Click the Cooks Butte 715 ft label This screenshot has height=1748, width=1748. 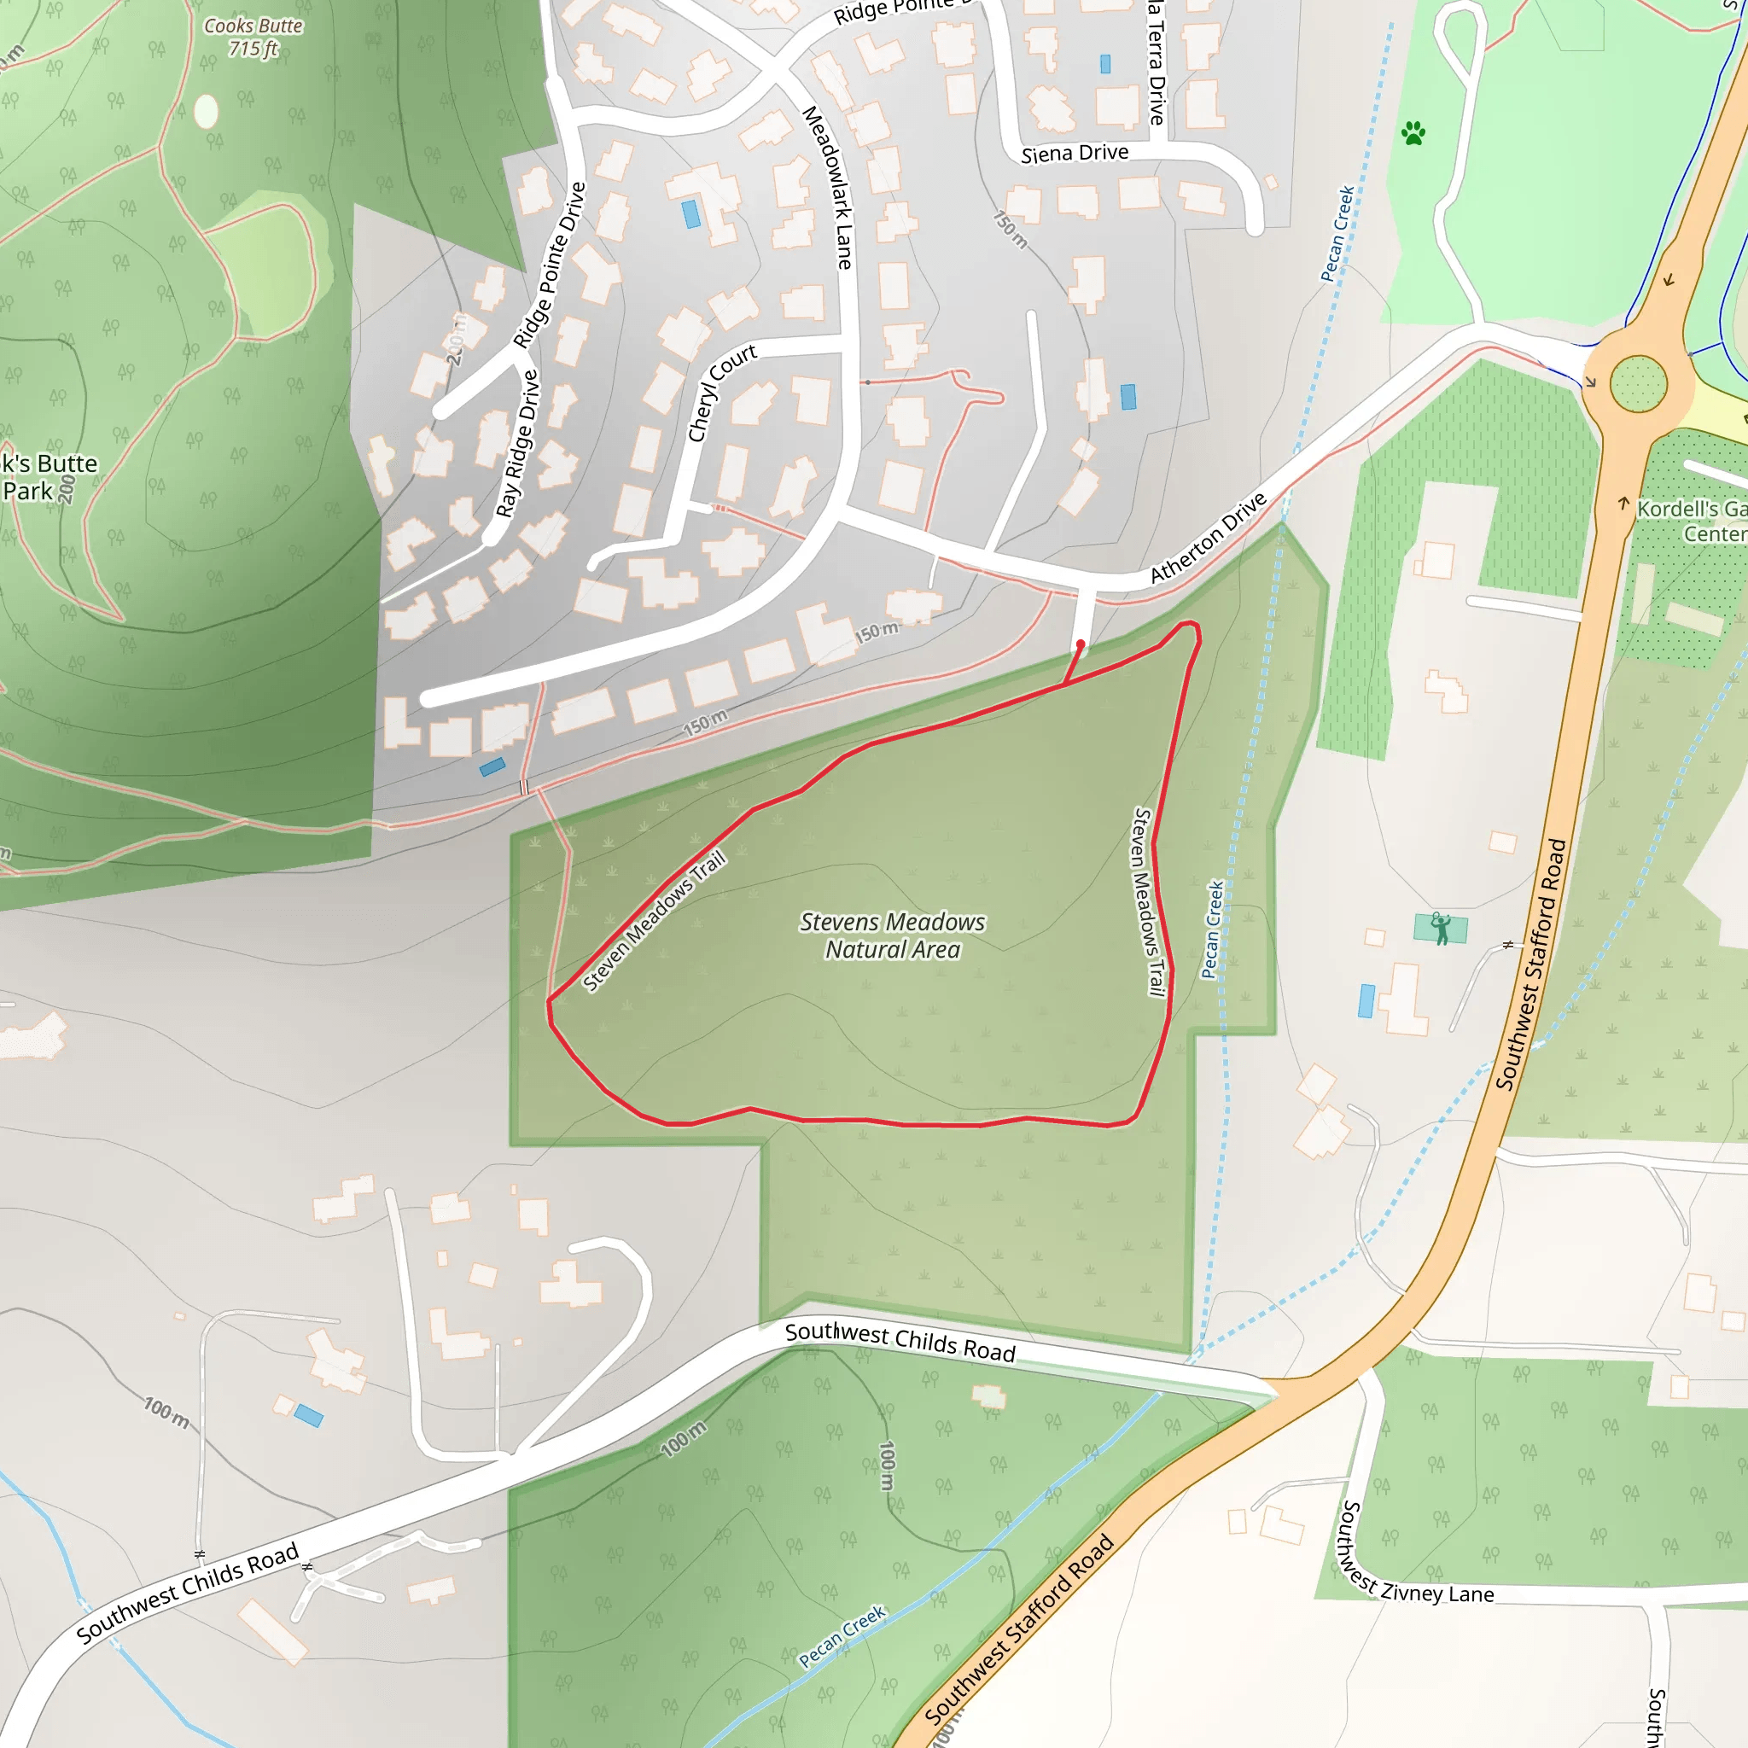253,37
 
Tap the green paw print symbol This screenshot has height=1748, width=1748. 1413,134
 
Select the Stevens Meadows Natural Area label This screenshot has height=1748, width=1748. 892,935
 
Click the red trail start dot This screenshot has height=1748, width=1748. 1081,644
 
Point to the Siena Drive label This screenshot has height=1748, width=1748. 1075,154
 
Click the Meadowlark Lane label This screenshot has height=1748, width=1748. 828,187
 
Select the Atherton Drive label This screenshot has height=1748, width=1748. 1208,538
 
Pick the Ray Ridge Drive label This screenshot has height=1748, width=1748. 517,443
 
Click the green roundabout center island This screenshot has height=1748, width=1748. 1638,383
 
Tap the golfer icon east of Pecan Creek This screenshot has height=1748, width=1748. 1441,929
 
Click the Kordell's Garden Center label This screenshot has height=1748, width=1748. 1690,521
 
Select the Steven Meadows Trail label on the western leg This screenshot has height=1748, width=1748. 654,921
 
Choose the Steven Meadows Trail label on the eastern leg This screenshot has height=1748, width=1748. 1148,902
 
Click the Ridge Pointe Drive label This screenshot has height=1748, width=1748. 549,265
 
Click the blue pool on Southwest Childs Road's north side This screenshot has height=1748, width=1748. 307,1415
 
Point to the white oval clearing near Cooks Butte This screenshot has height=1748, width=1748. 207,111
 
